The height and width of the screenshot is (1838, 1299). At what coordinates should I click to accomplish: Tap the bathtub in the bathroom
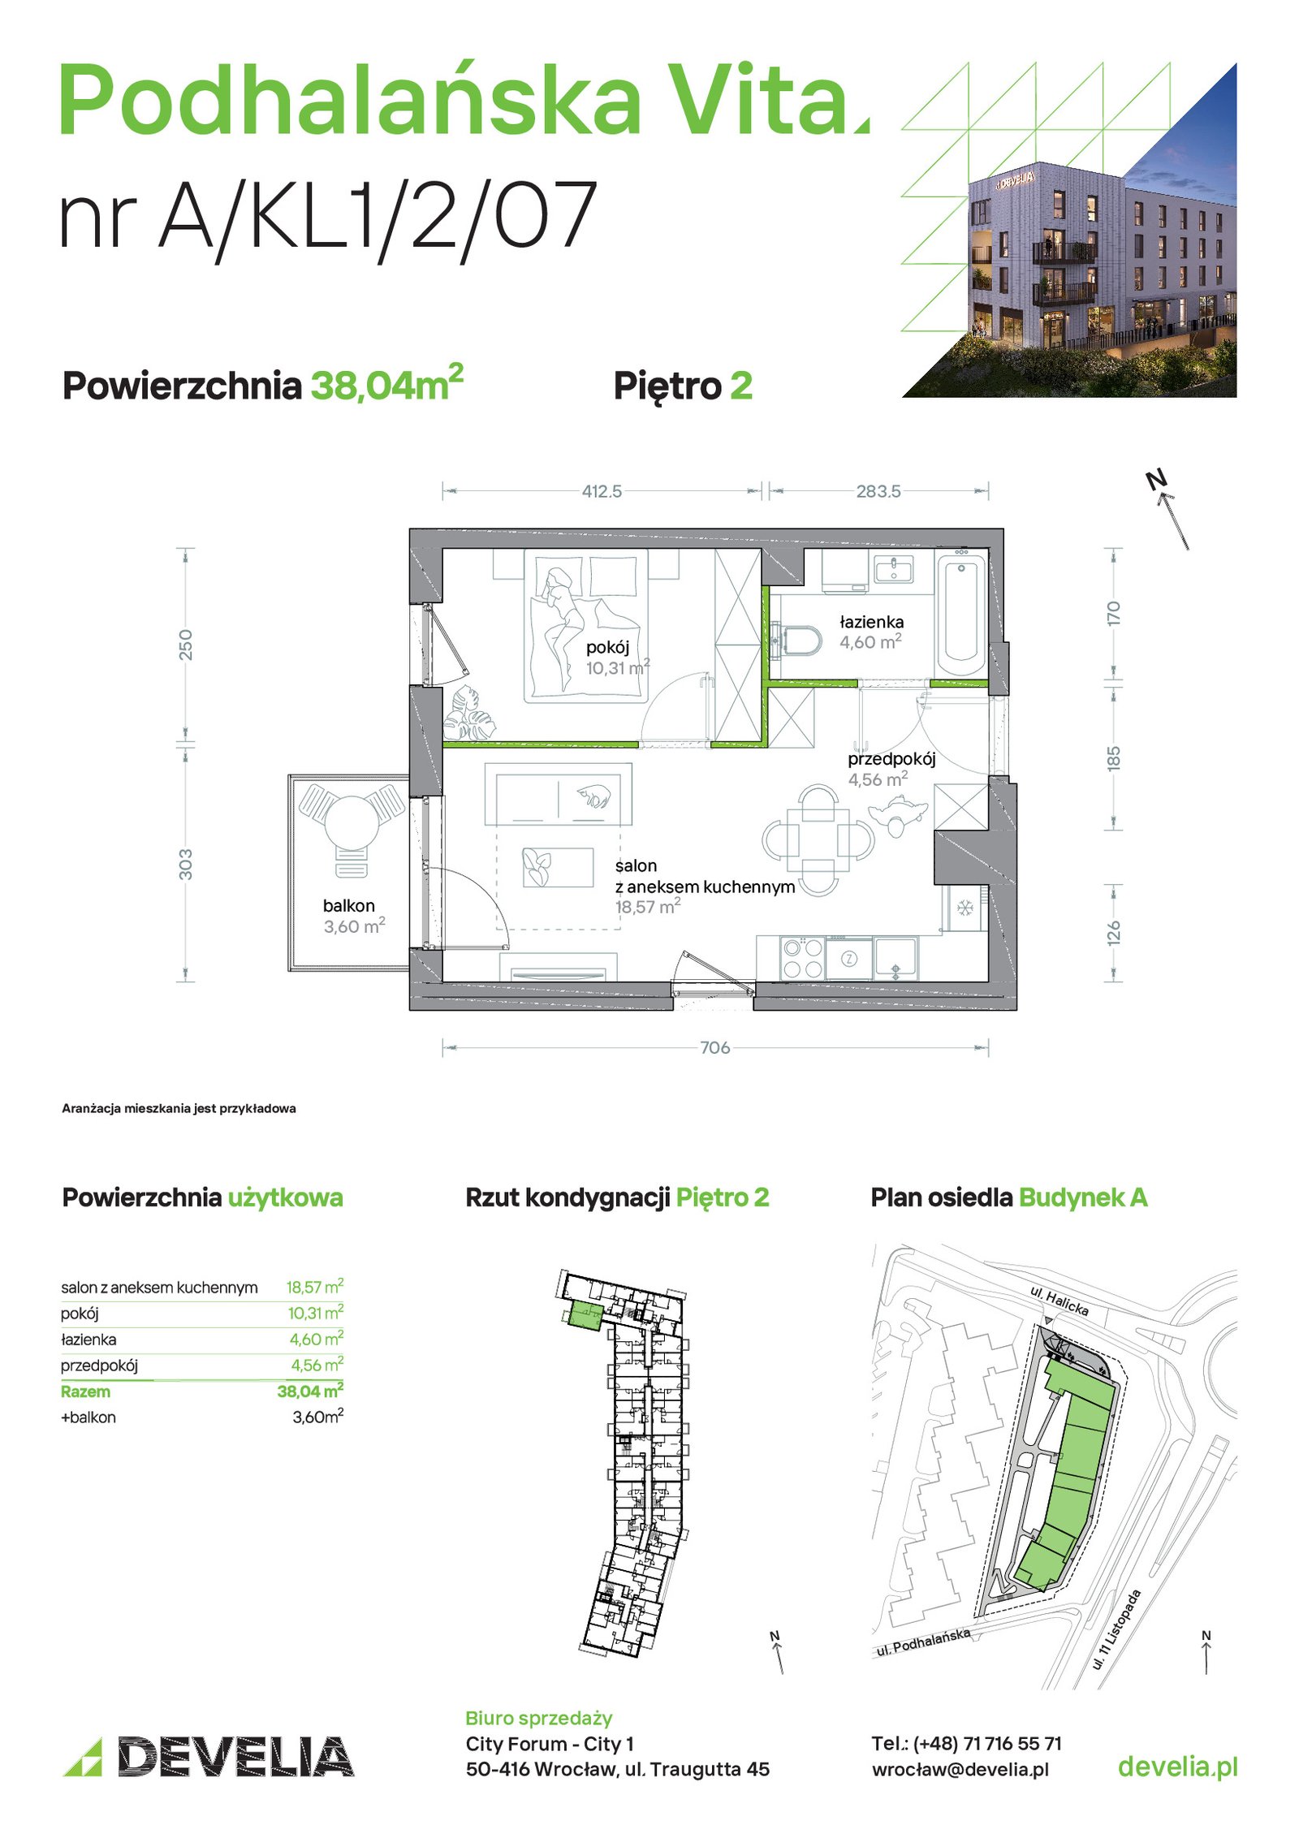tap(962, 614)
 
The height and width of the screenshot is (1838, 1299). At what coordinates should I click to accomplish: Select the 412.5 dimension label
tap(602, 491)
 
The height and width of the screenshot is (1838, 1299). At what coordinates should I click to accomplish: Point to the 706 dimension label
tap(715, 1047)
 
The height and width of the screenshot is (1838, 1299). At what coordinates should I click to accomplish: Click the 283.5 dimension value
tap(878, 491)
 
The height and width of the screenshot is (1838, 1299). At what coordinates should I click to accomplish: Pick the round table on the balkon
tap(352, 822)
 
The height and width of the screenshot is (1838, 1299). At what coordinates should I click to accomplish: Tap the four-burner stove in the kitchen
tap(802, 958)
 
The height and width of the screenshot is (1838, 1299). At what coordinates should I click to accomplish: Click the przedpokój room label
tap(891, 759)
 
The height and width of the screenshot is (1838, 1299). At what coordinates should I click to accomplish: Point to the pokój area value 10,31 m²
tap(618, 667)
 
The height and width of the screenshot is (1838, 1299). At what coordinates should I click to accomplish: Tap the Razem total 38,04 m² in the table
tap(310, 1391)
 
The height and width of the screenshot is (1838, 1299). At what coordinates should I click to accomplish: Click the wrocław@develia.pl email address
tap(960, 1769)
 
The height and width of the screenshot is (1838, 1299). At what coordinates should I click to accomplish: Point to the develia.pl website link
tap(1177, 1767)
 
